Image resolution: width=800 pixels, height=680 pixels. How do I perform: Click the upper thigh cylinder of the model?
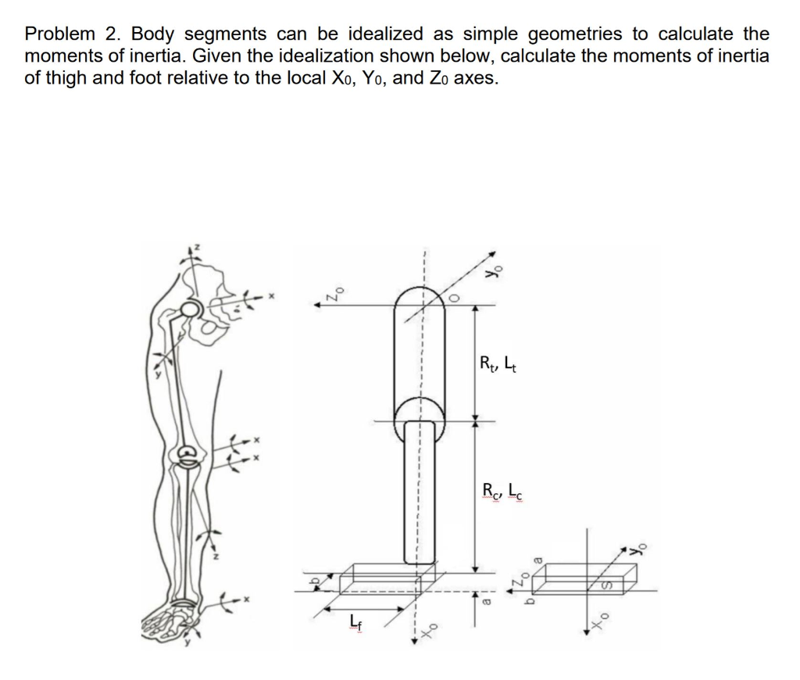coord(419,352)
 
